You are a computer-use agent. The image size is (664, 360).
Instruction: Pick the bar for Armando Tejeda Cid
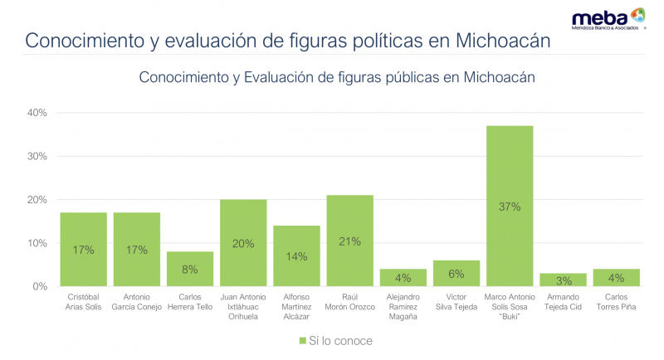pos(563,280)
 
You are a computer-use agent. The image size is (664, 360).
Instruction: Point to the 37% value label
pos(510,207)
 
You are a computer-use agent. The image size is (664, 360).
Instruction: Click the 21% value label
pos(349,241)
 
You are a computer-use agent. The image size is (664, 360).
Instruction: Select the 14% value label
pos(296,256)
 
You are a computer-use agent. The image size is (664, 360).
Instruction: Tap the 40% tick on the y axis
pos(37,113)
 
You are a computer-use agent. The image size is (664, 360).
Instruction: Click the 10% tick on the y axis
pos(37,243)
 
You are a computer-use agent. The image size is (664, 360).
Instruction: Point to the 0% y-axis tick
pos(40,287)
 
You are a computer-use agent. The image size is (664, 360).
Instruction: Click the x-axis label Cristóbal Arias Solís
pos(83,301)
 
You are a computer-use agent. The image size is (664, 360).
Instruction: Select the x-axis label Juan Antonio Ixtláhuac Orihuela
pos(243,305)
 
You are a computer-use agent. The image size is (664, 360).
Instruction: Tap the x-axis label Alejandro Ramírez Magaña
pos(403,305)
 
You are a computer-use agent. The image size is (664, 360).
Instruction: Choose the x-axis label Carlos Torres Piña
pos(616,301)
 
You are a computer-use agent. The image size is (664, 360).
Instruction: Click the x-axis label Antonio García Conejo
pos(137,301)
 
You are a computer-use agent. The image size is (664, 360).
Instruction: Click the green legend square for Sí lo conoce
pos(302,341)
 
